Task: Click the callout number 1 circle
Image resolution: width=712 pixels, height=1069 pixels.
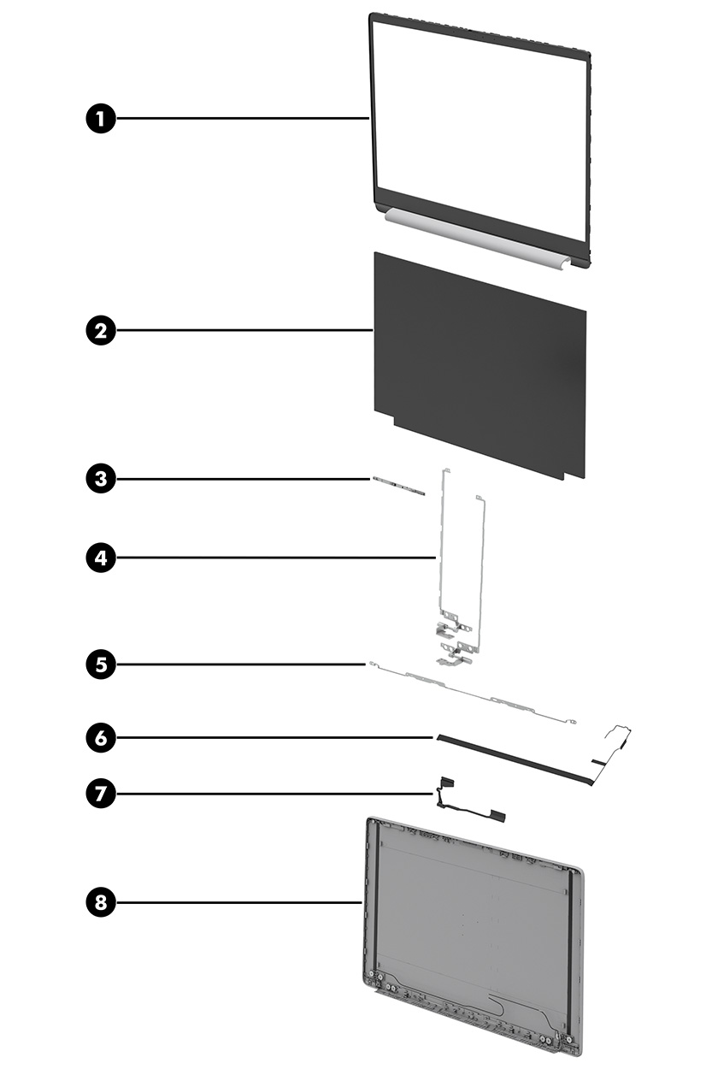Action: (102, 119)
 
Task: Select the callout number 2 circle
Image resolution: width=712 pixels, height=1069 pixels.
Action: (102, 330)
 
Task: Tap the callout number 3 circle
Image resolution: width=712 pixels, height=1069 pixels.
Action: (102, 478)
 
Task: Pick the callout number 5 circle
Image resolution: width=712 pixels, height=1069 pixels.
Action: (102, 664)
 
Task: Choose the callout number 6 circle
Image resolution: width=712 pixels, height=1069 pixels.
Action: (102, 737)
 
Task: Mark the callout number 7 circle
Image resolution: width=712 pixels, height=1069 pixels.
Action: (102, 794)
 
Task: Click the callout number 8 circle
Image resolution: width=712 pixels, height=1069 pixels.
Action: (102, 901)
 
